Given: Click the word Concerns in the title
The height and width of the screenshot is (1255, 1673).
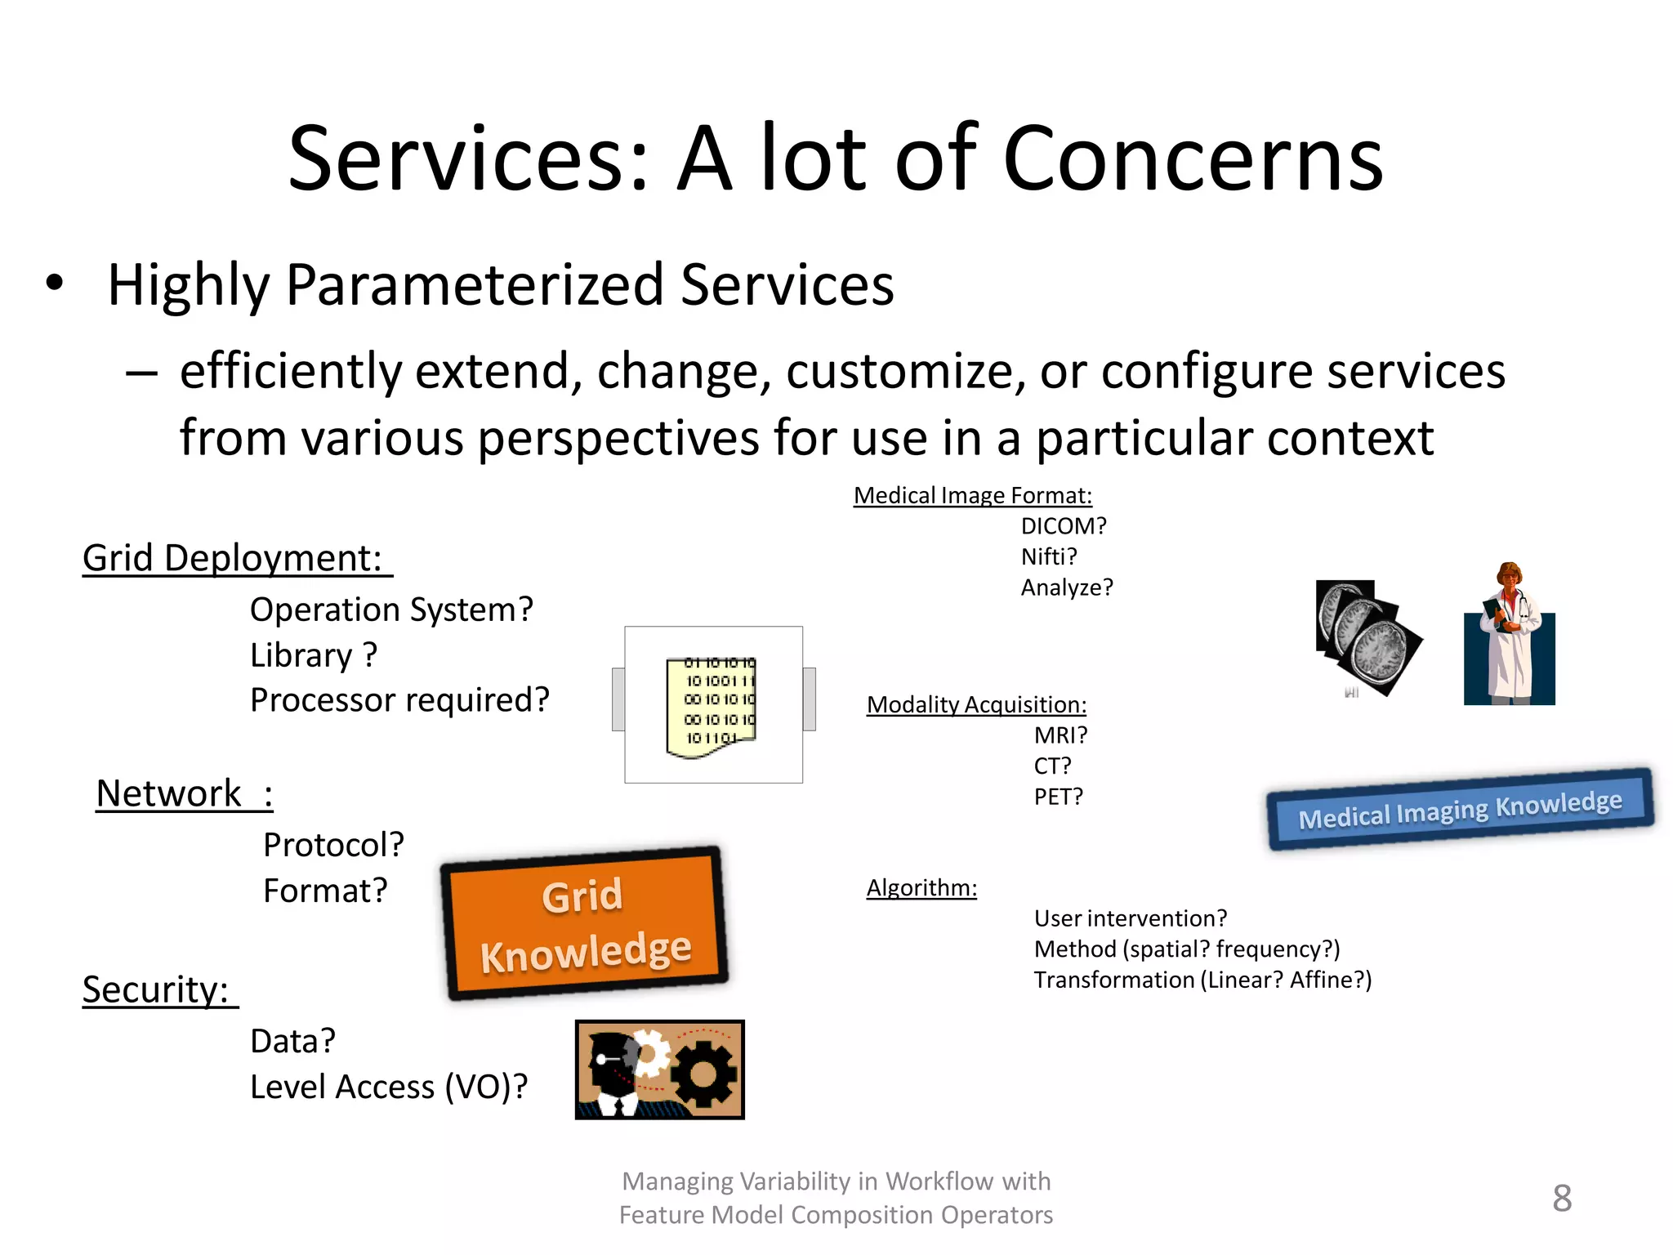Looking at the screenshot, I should click(x=1193, y=159).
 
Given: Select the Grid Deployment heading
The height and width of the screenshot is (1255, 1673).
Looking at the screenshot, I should click(x=233, y=559).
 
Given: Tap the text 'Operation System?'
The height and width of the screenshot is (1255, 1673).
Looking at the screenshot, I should click(x=391, y=610).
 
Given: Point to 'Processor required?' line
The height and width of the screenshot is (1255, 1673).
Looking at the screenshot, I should click(x=399, y=700).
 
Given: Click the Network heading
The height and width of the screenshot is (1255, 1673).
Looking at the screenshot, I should click(x=170, y=793).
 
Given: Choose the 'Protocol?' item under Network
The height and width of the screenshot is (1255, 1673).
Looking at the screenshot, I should click(x=333, y=845).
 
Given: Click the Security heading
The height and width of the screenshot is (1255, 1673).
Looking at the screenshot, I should click(x=155, y=989).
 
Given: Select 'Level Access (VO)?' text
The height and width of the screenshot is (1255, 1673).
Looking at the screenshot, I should click(x=389, y=1087).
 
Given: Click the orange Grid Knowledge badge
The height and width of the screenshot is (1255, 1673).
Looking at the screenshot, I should click(x=584, y=923).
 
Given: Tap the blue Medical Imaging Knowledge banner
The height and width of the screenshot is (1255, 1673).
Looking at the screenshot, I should click(x=1460, y=809).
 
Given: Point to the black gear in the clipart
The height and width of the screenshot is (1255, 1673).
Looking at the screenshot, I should click(x=705, y=1075).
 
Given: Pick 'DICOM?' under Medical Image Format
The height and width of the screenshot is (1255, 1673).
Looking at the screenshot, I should click(x=1064, y=526).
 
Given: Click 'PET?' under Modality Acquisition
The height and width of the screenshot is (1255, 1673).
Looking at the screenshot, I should click(x=1058, y=797).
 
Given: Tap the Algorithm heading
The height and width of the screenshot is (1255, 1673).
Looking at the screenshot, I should click(x=921, y=887).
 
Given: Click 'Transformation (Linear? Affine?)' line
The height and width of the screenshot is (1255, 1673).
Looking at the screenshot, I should click(x=1202, y=980).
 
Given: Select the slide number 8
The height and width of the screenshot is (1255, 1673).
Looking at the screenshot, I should click(x=1562, y=1199).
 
